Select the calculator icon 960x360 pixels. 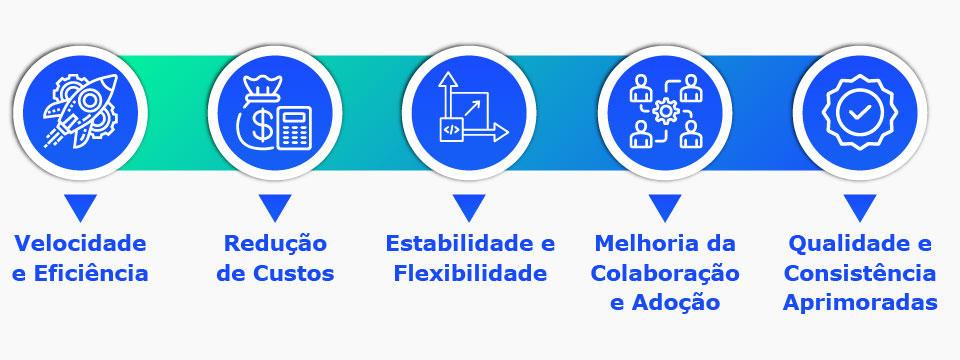click(x=294, y=127)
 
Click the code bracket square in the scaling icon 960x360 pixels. click(x=451, y=129)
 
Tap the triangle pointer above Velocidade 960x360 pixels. click(x=80, y=207)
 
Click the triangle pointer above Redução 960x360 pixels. click(x=274, y=207)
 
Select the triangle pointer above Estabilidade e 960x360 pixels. click(x=469, y=207)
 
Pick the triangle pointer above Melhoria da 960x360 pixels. click(x=664, y=207)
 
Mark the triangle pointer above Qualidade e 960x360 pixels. click(x=859, y=207)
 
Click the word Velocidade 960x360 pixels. click(x=80, y=243)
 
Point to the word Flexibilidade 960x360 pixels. click(x=470, y=273)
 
